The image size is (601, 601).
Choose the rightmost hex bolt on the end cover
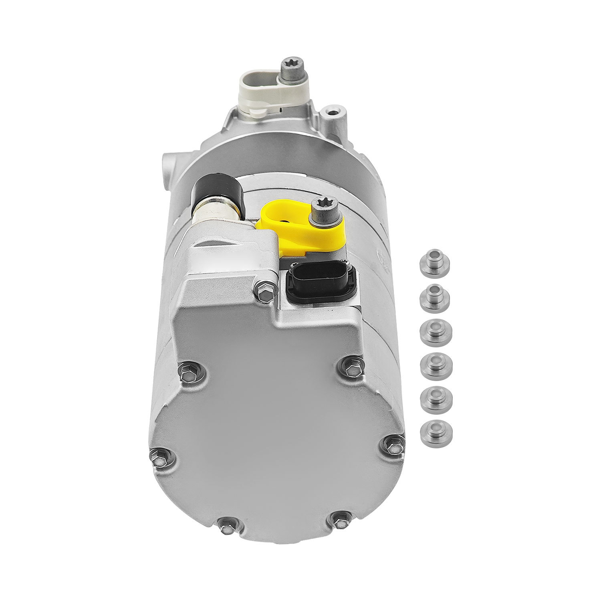tap(393, 444)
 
